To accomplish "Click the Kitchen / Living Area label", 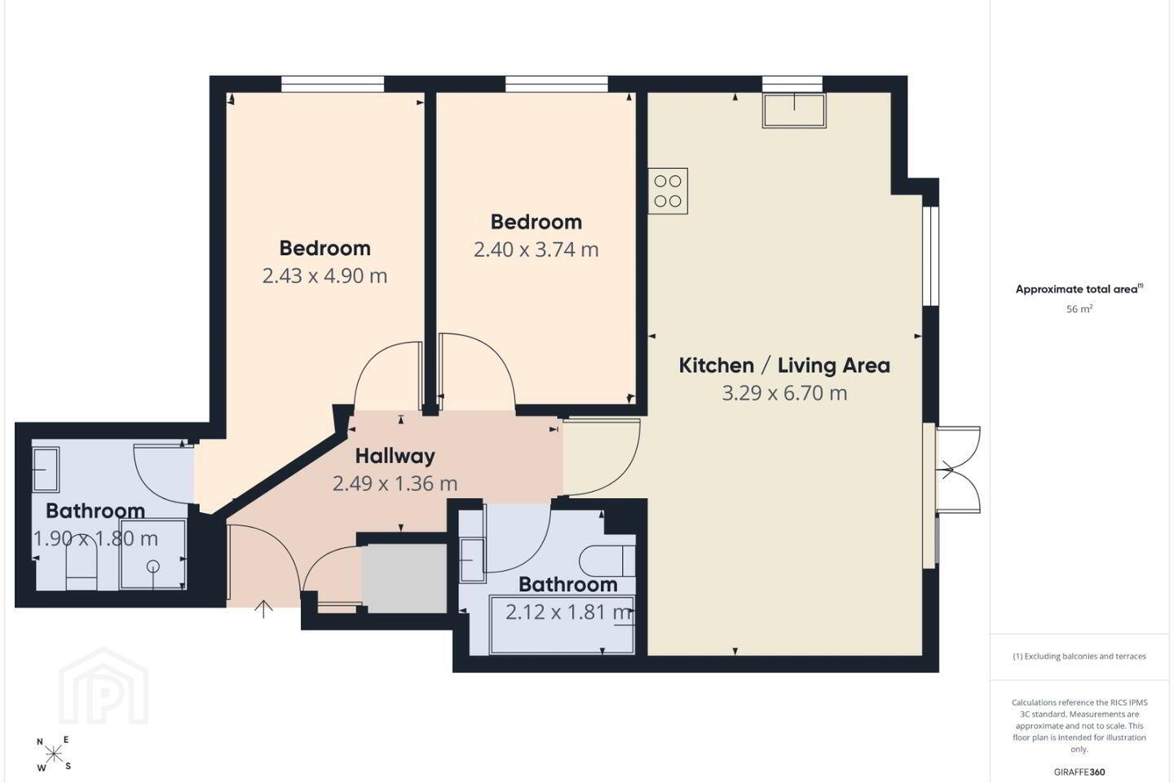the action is pyautogui.click(x=784, y=365).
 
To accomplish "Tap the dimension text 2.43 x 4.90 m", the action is pyautogui.click(x=324, y=276).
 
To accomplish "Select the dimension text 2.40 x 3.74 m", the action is pyautogui.click(x=536, y=250).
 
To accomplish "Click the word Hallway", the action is pyautogui.click(x=395, y=456).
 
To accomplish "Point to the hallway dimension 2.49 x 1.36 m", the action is pyautogui.click(x=395, y=484).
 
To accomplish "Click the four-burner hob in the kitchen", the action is pyautogui.click(x=668, y=191).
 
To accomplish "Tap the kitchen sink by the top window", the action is pyautogui.click(x=794, y=111).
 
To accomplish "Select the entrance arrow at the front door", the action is pyautogui.click(x=263, y=609).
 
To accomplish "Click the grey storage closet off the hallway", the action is pyautogui.click(x=404, y=578).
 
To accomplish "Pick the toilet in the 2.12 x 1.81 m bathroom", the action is pyautogui.click(x=607, y=561).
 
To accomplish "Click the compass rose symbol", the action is pyautogui.click(x=54, y=754).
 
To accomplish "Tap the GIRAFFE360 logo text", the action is pyautogui.click(x=1079, y=772).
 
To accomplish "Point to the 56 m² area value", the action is pyautogui.click(x=1079, y=309).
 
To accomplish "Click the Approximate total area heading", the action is pyautogui.click(x=1079, y=289).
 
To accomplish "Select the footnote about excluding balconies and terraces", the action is pyautogui.click(x=1079, y=656).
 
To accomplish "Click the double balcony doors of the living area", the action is pyautogui.click(x=957, y=470).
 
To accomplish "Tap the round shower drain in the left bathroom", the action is pyautogui.click(x=153, y=566).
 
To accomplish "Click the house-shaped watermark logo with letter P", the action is pyautogui.click(x=104, y=687).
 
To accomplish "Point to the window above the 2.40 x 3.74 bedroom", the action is pyautogui.click(x=557, y=84).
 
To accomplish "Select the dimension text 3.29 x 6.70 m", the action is pyautogui.click(x=784, y=393).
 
